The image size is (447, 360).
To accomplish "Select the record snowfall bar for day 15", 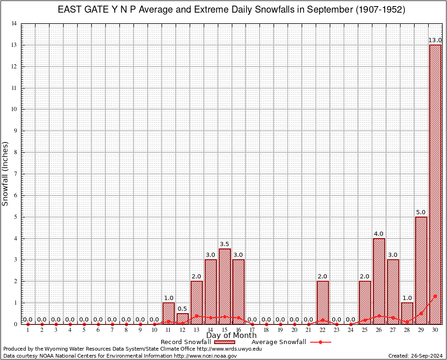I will pos(225,286).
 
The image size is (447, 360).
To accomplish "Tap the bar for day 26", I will pos(379,281).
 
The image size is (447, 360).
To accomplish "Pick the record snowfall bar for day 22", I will pos(323,302).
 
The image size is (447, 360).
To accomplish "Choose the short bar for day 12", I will pos(183,318).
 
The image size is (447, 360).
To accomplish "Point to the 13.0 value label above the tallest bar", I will pos(435,41).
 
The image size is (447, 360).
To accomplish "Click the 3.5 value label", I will pos(225,244).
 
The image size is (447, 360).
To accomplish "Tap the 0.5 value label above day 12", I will pos(183,309).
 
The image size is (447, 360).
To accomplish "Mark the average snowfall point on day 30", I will pos(435,296).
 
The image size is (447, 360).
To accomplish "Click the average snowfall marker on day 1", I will pos(28,324).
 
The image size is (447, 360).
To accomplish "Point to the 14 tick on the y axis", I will pos(14,23).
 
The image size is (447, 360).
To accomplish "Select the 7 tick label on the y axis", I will pos(15,174).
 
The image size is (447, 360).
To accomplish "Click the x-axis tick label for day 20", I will pos(294,330).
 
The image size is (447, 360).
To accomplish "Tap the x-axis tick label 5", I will pos(84,330).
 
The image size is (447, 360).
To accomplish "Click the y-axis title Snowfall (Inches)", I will pos(6,173).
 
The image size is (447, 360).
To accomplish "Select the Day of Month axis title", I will pos(231,336).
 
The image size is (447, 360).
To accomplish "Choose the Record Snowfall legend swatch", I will pos(224,342).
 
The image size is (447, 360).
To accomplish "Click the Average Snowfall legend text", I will pos(278,342).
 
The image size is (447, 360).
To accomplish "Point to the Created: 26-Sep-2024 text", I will pos(416,356).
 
